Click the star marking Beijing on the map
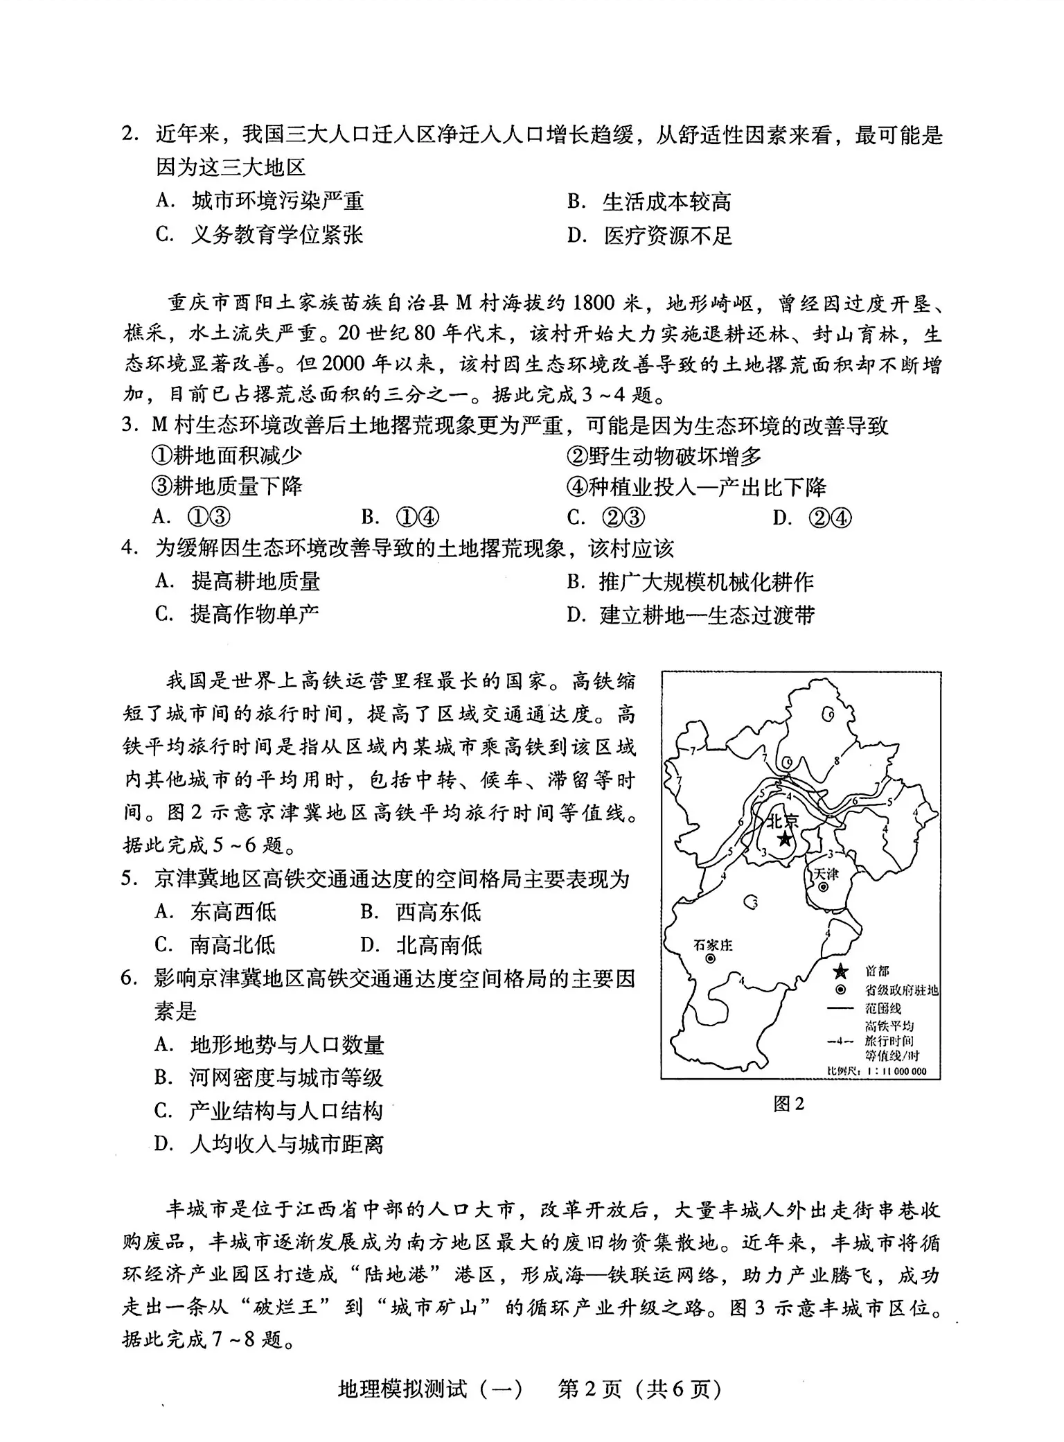784,839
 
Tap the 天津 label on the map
825,874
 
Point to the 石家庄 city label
713,944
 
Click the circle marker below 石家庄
711,959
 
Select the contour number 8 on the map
837,761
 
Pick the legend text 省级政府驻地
901,991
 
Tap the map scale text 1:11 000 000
894,1071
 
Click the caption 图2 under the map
788,1104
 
